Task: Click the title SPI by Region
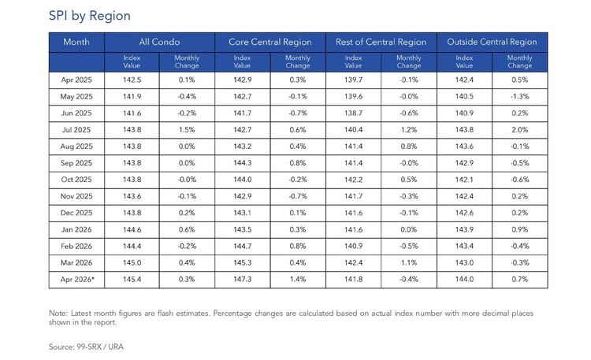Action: click(x=90, y=16)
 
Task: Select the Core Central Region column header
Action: click(x=269, y=42)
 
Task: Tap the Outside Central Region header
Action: click(x=492, y=42)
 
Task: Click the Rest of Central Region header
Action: click(x=381, y=42)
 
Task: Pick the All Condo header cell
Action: click(x=159, y=42)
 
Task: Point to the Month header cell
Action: click(x=76, y=42)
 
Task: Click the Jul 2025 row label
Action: click(x=76, y=130)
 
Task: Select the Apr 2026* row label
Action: click(x=77, y=280)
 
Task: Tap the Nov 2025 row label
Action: click(x=76, y=196)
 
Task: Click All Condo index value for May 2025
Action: click(x=132, y=97)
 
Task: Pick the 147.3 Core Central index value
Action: click(x=243, y=280)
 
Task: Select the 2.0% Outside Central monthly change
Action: click(x=520, y=130)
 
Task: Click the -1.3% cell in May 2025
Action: click(x=520, y=97)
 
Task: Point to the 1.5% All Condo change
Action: click(x=187, y=130)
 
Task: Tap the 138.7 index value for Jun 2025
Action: click(x=353, y=113)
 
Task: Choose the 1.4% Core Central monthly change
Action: click(x=298, y=280)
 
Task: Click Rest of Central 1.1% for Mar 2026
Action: click(x=409, y=263)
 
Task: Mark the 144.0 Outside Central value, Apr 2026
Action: click(x=464, y=280)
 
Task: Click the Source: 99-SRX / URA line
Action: click(x=86, y=347)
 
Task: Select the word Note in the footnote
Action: click(x=58, y=314)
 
